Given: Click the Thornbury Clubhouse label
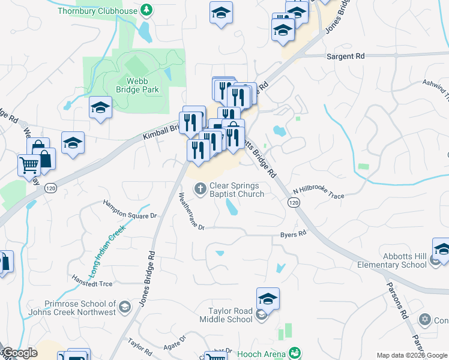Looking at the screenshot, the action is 98,11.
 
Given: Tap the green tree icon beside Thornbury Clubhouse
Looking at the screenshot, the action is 146,10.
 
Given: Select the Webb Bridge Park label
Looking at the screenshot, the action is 142,85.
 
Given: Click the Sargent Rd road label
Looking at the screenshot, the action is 345,56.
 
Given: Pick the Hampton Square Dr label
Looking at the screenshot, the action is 130,210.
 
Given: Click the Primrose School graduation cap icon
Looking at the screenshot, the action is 124,308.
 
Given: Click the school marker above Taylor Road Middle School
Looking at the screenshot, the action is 268,298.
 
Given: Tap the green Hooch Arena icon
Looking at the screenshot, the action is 294,353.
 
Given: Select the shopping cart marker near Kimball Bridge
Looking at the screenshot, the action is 28,164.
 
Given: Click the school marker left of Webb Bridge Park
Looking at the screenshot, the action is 100,108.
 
